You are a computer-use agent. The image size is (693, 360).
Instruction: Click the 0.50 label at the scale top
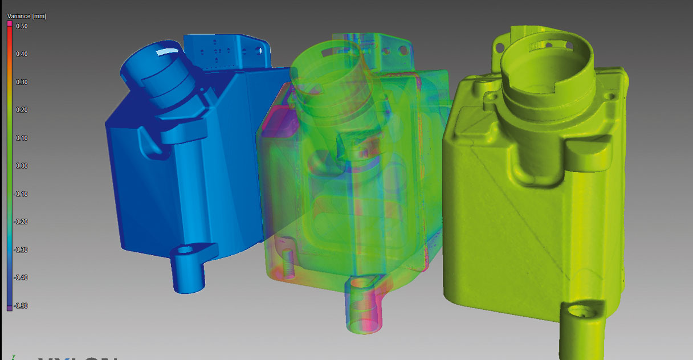coord(22,26)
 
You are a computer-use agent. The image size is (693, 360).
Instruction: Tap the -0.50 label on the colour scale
coord(22,306)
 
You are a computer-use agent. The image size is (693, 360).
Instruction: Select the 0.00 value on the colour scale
coord(22,166)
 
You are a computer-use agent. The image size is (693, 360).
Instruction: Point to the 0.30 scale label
coord(22,82)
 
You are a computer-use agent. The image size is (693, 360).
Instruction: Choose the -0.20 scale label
coord(22,222)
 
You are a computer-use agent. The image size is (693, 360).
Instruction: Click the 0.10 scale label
coord(22,138)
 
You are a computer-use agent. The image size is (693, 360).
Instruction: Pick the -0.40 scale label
coord(22,277)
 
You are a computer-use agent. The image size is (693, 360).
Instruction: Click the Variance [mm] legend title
coord(26,17)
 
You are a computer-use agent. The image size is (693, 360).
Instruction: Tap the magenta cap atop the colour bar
coord(9,23)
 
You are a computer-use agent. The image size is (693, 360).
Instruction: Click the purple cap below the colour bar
coord(9,308)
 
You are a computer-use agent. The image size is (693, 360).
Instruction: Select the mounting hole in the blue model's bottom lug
coord(185,250)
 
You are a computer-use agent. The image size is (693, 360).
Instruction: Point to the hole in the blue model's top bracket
coord(262,50)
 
